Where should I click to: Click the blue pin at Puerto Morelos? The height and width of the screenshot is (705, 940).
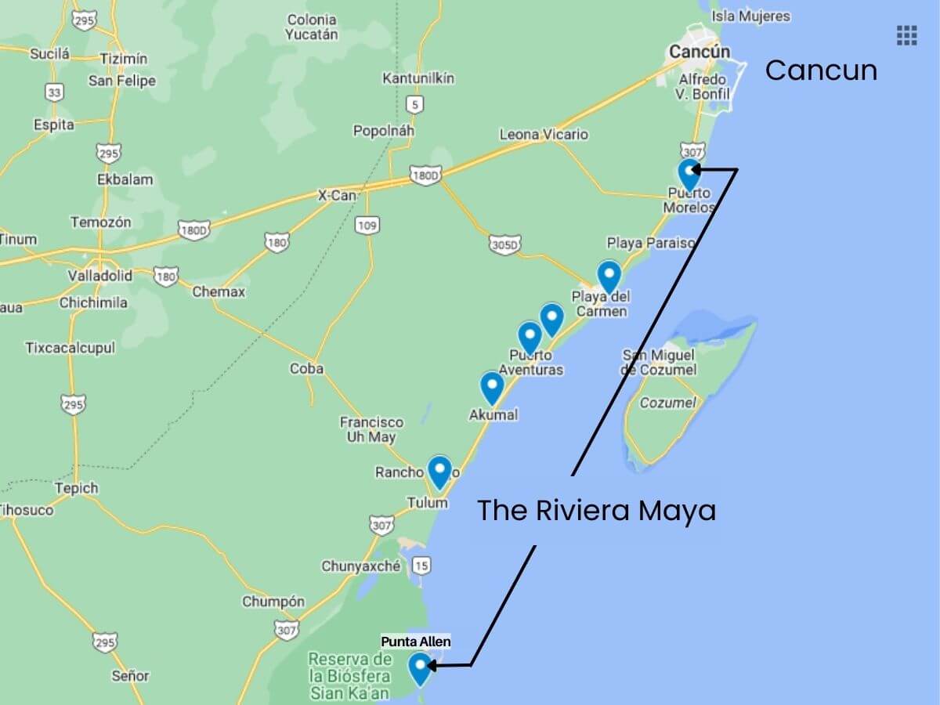[x=689, y=172]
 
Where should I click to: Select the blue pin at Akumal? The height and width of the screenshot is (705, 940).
[x=491, y=385]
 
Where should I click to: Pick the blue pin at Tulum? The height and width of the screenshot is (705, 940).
[x=439, y=470]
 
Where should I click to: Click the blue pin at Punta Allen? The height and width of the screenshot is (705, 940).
[x=421, y=667]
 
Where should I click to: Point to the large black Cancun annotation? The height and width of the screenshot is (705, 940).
[x=821, y=70]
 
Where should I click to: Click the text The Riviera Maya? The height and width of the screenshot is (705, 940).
[x=596, y=511]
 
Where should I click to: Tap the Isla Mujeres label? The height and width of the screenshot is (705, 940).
[x=751, y=16]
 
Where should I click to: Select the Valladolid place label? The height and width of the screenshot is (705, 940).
[x=99, y=276]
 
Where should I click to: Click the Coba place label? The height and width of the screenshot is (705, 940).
[x=306, y=368]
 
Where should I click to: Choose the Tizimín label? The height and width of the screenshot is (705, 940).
[x=124, y=58]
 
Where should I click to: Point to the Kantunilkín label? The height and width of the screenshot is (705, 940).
[x=418, y=78]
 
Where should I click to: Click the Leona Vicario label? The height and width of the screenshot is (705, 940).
[x=544, y=135]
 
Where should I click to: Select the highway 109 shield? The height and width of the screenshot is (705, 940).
[x=367, y=226]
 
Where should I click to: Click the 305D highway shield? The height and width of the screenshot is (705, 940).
[x=504, y=245]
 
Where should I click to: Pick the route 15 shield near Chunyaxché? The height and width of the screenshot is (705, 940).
[x=421, y=565]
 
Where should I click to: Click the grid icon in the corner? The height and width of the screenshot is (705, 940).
[x=906, y=35]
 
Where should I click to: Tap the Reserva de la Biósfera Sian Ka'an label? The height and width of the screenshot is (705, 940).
[x=349, y=676]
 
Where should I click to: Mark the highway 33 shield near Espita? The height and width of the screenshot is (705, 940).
[x=54, y=92]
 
